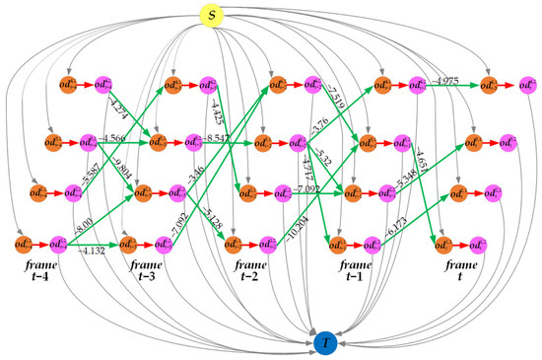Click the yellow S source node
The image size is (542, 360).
click(211, 17)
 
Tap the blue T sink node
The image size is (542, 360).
click(325, 342)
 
